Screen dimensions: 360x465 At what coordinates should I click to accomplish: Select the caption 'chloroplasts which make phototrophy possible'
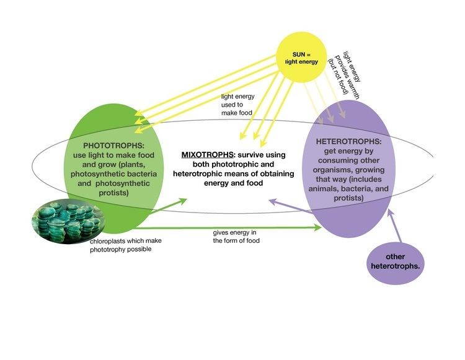(128, 244)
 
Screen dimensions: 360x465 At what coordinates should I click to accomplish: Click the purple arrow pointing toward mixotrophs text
(291, 207)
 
